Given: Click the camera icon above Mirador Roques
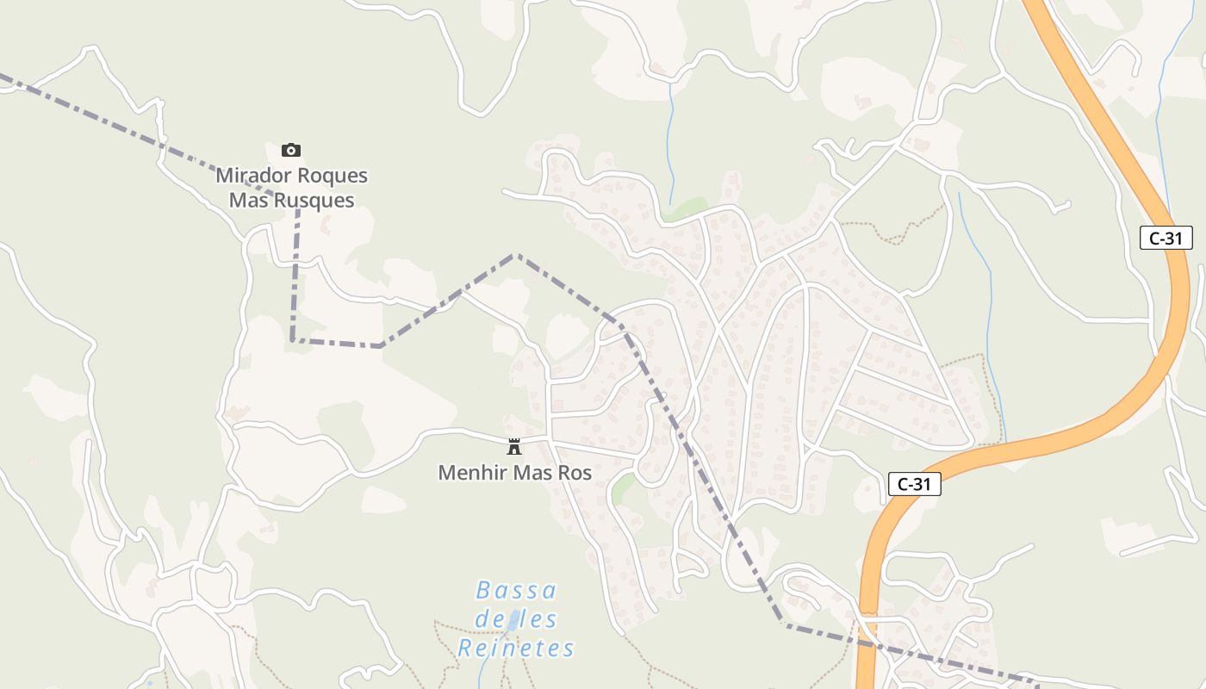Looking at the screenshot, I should click(291, 151).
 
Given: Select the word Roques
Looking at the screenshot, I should click(328, 176).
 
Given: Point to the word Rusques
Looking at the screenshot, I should click(313, 201).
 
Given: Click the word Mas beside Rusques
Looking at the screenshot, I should click(248, 201).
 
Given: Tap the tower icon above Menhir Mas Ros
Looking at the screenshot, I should click(514, 446).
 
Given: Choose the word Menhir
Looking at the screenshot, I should click(473, 473).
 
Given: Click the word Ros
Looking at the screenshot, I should click(575, 473).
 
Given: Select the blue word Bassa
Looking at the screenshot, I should click(517, 591).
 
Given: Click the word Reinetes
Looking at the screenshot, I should click(516, 649).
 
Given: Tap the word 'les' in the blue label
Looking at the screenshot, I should click(538, 619).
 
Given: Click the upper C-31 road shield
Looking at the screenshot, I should click(1166, 239).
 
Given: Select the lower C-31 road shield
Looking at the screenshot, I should click(914, 485).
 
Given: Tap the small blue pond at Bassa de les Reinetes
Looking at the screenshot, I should click(513, 620).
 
